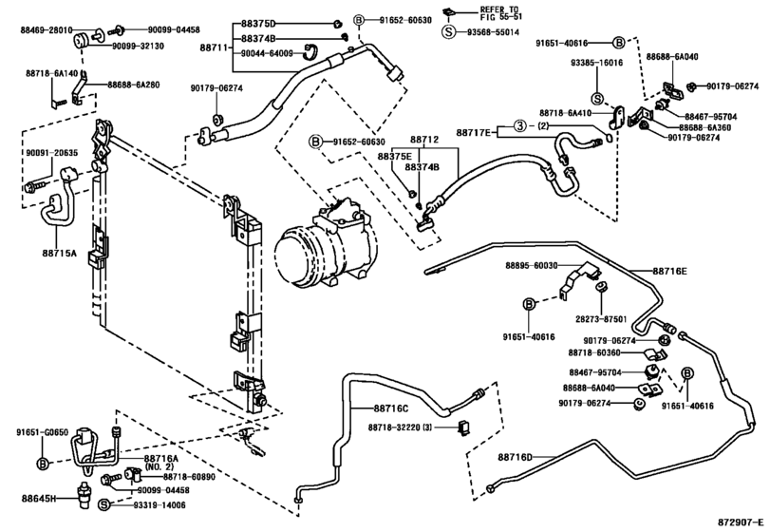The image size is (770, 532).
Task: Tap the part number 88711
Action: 215,47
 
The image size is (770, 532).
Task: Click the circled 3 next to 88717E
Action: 519,126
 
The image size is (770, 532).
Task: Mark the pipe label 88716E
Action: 669,271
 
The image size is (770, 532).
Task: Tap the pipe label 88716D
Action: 516,457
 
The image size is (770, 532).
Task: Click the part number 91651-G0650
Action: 42,433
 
